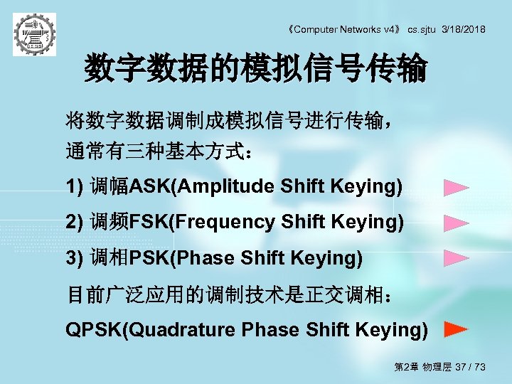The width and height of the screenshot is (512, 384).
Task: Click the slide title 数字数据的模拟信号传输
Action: click(256, 70)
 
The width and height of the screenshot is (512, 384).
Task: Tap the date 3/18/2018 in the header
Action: click(464, 29)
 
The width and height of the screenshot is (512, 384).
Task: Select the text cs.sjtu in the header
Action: click(422, 29)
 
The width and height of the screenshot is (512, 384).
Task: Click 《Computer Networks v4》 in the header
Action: click(344, 29)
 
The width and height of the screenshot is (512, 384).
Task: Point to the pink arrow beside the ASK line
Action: click(456, 188)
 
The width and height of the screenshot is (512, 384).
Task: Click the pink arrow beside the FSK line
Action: click(456, 223)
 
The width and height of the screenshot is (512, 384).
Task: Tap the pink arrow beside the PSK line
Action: click(456, 258)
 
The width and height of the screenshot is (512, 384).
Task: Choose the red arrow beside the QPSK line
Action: click(456, 329)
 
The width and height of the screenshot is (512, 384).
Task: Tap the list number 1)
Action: click(75, 187)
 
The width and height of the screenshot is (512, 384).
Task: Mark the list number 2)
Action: click(75, 223)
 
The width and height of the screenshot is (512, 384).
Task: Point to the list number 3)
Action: click(75, 258)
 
